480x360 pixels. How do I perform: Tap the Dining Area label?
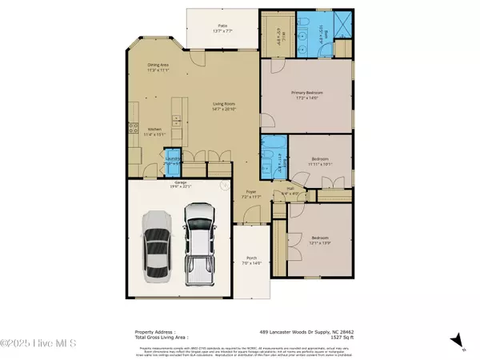pos(158,67)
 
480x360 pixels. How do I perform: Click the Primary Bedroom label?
pos(308,94)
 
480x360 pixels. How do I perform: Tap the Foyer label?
pos(250,194)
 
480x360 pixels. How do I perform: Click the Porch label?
pos(252,260)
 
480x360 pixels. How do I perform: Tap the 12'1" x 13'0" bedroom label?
pos(319,239)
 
